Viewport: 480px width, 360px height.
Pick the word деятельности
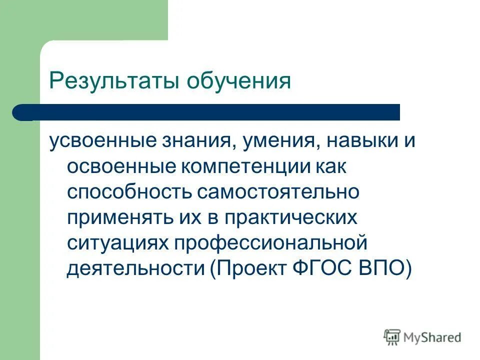pyautogui.click(x=135, y=269)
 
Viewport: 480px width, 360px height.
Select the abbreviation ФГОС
pyautogui.click(x=320, y=269)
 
